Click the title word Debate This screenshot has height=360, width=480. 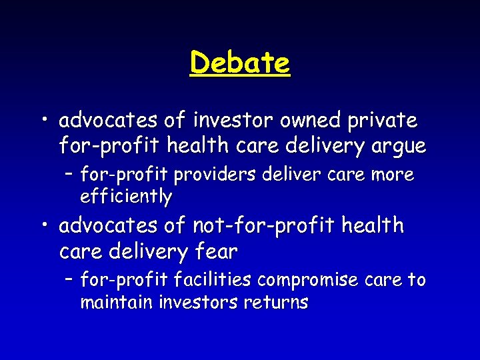coord(240,64)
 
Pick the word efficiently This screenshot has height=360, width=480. coord(126,197)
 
